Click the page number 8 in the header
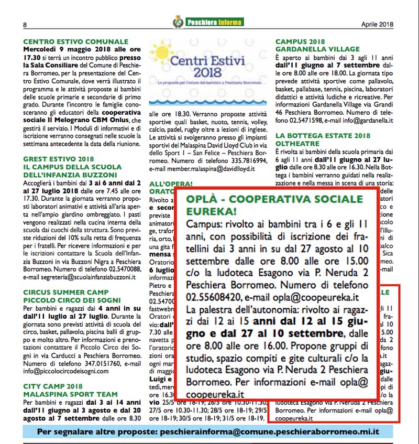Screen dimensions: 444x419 (25, 24)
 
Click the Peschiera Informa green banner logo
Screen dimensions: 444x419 (208, 22)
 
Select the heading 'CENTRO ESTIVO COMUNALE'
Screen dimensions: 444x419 (76, 41)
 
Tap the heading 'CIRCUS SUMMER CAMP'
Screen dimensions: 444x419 (66, 292)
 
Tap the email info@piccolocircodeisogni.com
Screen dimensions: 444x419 (66, 371)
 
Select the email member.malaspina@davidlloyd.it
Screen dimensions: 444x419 (202, 169)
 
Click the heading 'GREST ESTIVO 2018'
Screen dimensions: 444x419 (59, 159)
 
